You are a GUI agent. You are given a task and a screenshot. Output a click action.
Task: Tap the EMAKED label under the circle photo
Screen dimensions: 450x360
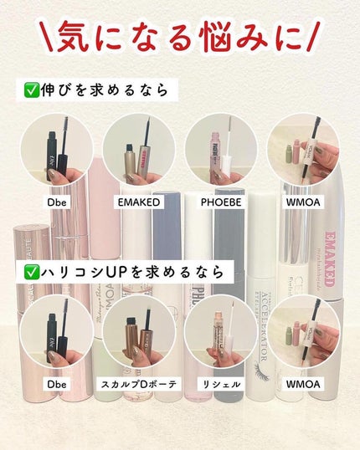click(139, 201)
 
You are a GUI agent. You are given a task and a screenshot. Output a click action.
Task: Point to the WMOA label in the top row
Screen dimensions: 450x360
click(302, 201)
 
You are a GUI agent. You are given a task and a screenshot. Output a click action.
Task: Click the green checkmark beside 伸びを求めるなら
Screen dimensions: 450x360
click(33, 89)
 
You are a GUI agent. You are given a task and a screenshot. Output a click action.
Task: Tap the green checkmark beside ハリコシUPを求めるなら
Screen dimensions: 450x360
click(33, 272)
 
